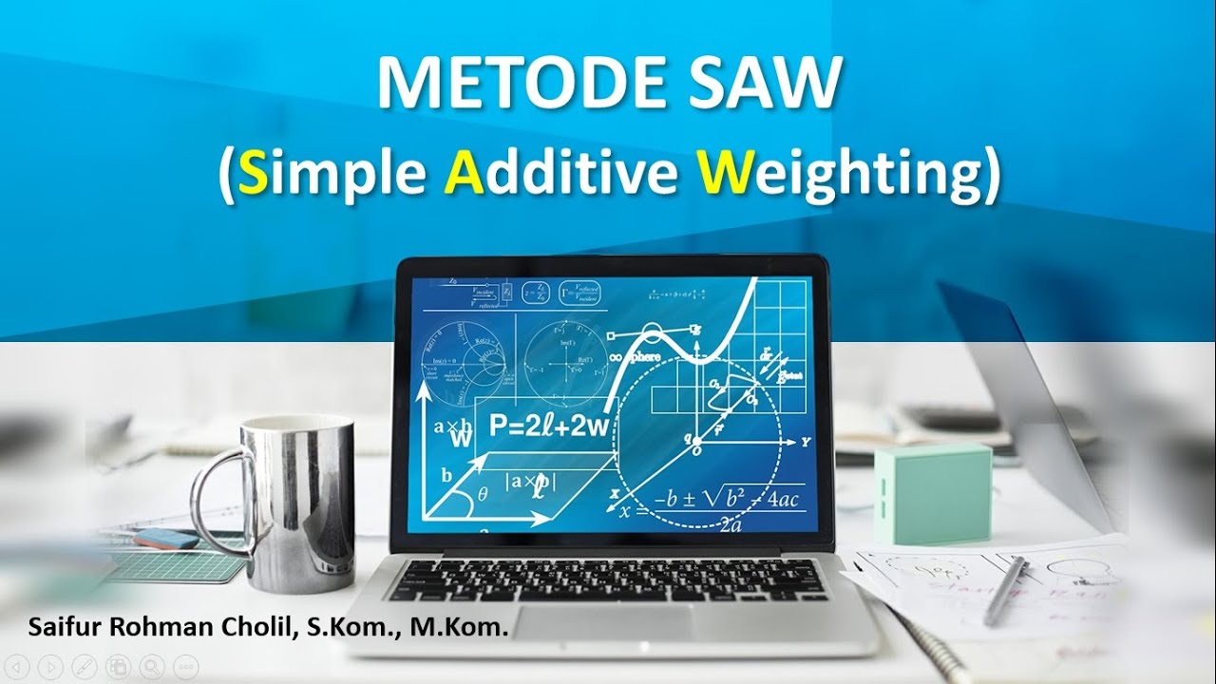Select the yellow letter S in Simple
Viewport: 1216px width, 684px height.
[253, 175]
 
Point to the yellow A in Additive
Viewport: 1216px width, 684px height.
[462, 175]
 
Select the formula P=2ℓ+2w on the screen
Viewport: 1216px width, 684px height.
[547, 425]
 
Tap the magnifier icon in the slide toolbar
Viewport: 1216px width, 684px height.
[151, 666]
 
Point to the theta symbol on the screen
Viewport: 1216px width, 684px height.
[482, 494]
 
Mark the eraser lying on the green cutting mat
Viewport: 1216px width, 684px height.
[166, 540]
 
